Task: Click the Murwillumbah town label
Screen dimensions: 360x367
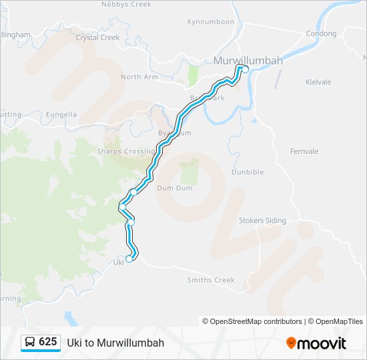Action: [x=248, y=61]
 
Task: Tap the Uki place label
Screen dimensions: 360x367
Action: [x=118, y=262]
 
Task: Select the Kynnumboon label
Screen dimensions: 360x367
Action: [x=211, y=22]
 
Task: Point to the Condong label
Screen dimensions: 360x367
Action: [x=321, y=33]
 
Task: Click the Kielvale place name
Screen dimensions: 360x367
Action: [x=318, y=82]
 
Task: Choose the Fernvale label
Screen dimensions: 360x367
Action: [x=304, y=151]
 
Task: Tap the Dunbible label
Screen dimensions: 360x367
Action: [x=248, y=172]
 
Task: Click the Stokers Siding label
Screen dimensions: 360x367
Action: [x=262, y=221]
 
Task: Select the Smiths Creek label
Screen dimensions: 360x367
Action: [x=211, y=280]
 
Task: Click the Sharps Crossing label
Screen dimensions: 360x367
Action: [x=126, y=151]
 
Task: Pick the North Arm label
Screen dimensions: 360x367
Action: [x=140, y=77]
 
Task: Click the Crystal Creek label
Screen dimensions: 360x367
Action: [x=97, y=37]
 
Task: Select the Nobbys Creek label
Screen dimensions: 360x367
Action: [x=126, y=4]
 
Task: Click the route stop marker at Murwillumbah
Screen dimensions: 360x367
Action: [x=245, y=69]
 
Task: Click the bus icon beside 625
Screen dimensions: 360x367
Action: [x=30, y=342]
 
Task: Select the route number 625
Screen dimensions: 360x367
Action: [x=48, y=342]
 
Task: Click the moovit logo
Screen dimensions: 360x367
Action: [x=316, y=343]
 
